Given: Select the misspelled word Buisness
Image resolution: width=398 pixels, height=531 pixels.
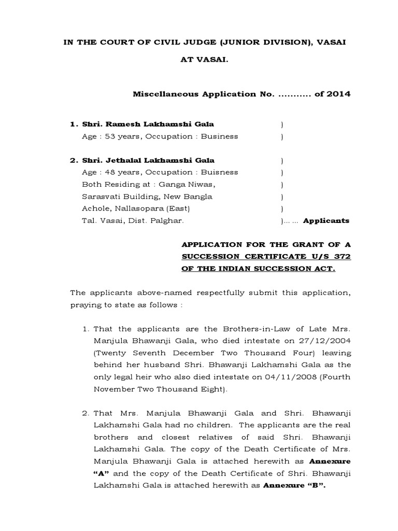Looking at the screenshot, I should tap(221, 172).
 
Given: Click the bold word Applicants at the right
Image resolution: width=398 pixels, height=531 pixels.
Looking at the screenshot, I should tap(326, 220).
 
